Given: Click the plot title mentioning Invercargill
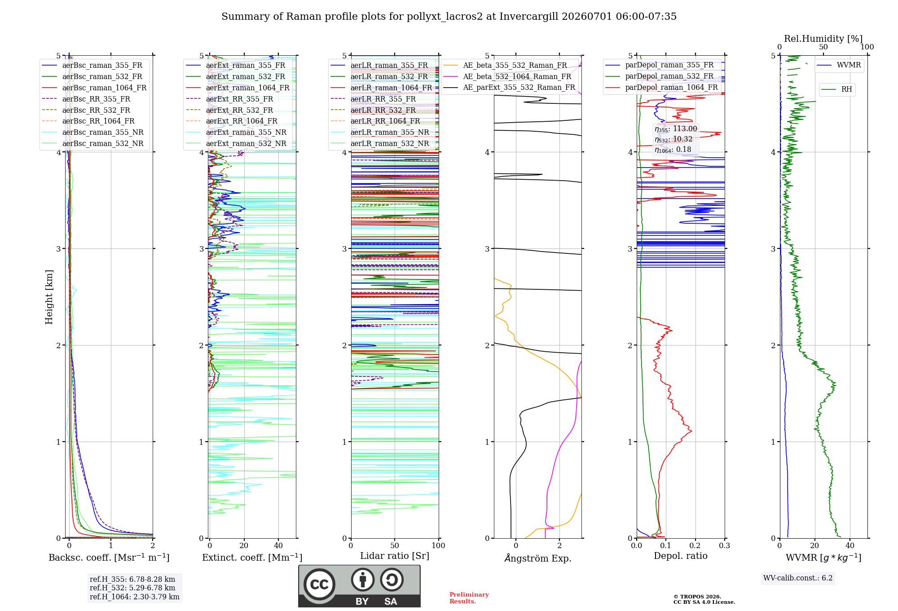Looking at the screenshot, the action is [449, 17].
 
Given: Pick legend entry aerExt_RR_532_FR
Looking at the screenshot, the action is [239, 110].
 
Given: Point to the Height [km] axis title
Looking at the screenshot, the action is [49, 297].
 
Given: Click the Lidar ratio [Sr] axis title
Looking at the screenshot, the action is [395, 556].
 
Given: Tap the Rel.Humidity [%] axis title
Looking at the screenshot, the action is [823, 39].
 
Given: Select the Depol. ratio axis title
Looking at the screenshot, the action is [681, 556].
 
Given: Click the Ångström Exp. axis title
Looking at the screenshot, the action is [538, 558].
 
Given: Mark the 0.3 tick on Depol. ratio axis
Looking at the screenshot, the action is [725, 545].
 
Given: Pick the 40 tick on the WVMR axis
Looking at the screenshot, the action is [850, 545].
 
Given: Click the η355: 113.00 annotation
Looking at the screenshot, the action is [676, 129].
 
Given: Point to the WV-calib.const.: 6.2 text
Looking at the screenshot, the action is [798, 578].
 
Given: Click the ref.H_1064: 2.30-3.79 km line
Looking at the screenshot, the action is [135, 597].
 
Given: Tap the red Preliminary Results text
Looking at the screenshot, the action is [469, 598].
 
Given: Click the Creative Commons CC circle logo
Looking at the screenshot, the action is [319, 584].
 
